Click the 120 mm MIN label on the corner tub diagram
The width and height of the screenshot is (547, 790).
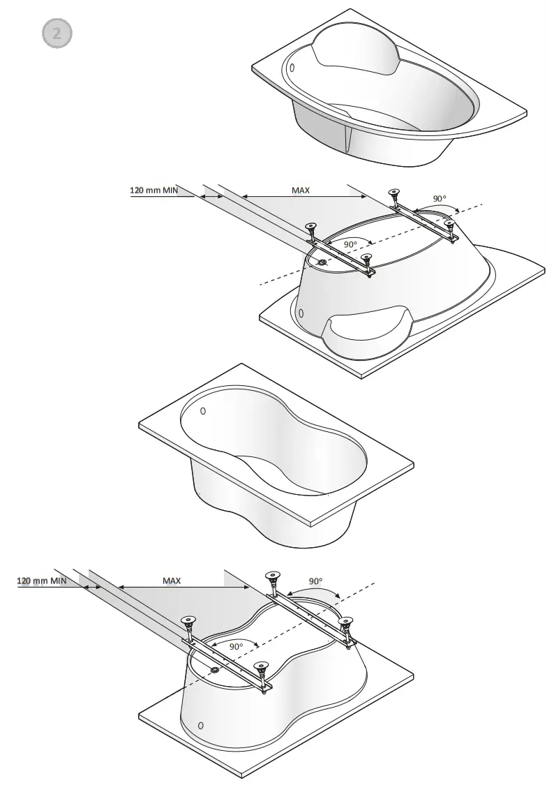point(153,189)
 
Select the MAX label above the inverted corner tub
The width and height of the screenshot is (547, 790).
point(301,189)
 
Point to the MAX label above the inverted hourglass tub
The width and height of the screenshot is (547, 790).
point(172,580)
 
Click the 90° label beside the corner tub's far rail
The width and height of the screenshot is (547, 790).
point(439,198)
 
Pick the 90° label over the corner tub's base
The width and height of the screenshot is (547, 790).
point(350,244)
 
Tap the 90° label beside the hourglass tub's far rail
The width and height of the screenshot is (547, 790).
point(315,581)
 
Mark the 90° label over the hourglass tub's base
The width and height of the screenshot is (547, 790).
point(236,646)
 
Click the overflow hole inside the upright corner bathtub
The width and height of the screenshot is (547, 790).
point(292,68)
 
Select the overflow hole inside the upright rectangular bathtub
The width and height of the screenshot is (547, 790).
point(203,411)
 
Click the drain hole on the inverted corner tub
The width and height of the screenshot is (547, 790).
point(322,262)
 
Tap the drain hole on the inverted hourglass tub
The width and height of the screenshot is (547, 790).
point(214,670)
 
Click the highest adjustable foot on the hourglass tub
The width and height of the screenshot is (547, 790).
point(272,576)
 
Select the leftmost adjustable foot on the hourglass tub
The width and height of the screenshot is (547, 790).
point(188,620)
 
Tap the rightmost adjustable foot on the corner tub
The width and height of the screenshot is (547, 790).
point(450,223)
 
